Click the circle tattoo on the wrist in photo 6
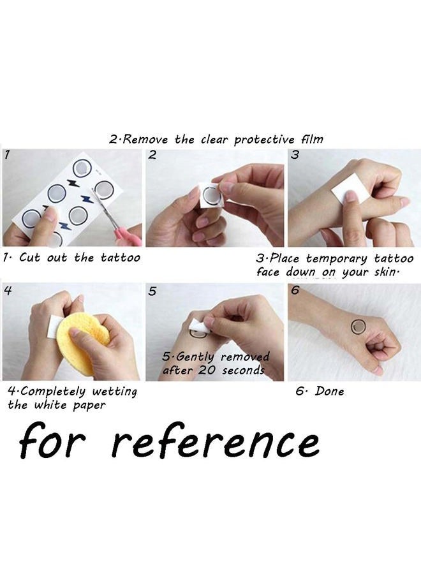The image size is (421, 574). pyautogui.click(x=358, y=326)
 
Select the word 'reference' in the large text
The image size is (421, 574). pyautogui.click(x=215, y=441)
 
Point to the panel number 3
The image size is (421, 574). pyautogui.click(x=295, y=155)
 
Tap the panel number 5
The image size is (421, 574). pyautogui.click(x=152, y=291)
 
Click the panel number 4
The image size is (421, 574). pyautogui.click(x=8, y=290)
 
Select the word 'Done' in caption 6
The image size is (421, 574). pyautogui.click(x=330, y=391)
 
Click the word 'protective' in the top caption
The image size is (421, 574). pyautogui.click(x=264, y=140)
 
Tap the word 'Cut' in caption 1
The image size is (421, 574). pyautogui.click(x=29, y=258)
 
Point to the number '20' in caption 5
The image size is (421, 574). pyautogui.click(x=207, y=370)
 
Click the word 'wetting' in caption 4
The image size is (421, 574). pyautogui.click(x=114, y=392)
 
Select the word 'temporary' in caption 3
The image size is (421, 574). pyautogui.click(x=336, y=259)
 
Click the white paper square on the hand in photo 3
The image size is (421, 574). pyautogui.click(x=346, y=189)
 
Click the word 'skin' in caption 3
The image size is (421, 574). pyautogui.click(x=385, y=272)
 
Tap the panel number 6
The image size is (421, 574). pyautogui.click(x=295, y=290)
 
